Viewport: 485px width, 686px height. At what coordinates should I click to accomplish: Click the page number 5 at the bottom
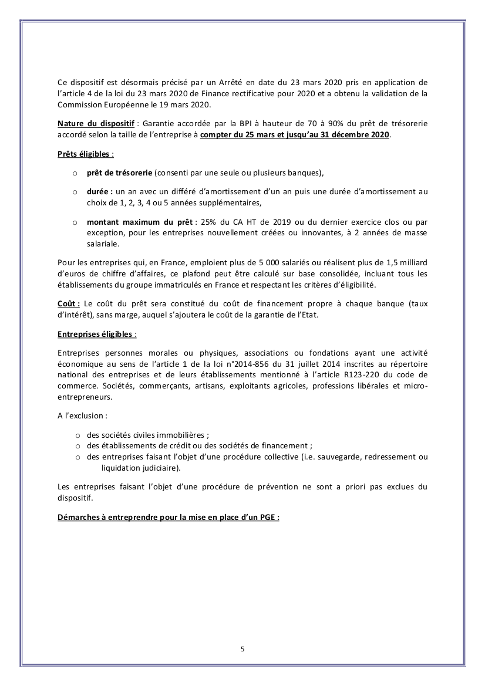pos(242,649)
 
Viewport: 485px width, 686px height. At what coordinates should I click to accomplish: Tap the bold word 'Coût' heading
pos(68,303)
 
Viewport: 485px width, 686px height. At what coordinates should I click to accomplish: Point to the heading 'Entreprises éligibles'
pos(96,334)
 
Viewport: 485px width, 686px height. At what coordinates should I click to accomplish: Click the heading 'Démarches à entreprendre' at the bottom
pos(168,518)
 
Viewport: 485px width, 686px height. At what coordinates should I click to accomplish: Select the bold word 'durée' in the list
pos(99,192)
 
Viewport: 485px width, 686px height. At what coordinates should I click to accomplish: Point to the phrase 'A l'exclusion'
pos(82,415)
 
